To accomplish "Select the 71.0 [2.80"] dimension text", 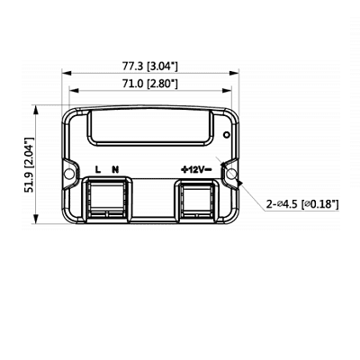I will pos(148,83).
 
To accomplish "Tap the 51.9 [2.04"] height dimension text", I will pos(29,167).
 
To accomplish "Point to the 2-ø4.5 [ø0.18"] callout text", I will pos(302,205).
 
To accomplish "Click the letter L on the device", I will pos(99,168).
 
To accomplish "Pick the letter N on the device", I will pos(114,168).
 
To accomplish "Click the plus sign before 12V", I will pos(184,168).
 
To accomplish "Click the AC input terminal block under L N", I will pos(106,200).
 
